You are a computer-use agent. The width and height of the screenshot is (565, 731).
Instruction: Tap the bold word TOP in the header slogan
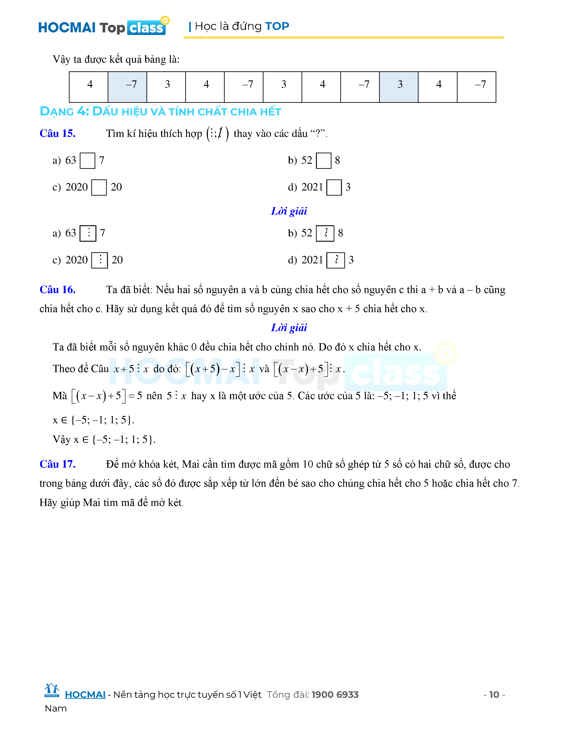click(277, 26)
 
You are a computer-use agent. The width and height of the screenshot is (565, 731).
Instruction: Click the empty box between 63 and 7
click(87, 161)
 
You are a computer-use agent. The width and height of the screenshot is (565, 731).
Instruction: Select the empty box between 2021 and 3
click(334, 187)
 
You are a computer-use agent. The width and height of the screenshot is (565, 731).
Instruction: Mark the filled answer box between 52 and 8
click(325, 233)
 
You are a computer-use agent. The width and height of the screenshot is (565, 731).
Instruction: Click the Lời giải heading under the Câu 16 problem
click(289, 327)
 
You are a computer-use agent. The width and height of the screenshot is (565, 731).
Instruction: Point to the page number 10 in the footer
click(494, 694)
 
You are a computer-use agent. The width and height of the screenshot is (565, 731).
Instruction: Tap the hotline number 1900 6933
click(335, 694)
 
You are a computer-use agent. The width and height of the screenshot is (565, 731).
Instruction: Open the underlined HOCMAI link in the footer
click(85, 694)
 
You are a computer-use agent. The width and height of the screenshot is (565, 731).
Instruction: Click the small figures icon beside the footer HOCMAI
click(52, 690)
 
